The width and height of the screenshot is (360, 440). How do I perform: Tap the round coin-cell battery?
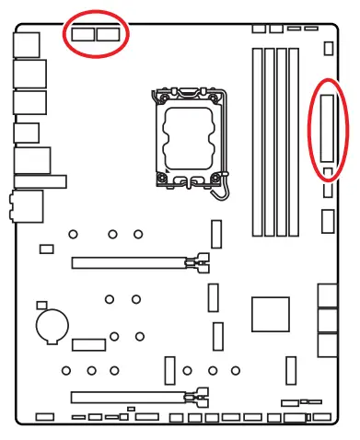tap(50, 324)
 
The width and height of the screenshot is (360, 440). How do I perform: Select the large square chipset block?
tap(272, 314)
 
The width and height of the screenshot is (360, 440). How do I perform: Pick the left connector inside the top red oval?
tap(81, 35)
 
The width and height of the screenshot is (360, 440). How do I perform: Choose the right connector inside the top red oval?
tap(110, 35)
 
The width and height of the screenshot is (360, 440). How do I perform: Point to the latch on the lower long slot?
tap(197, 399)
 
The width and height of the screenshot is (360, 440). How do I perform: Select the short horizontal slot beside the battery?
tap(89, 344)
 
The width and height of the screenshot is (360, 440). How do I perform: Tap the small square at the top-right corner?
tap(330, 46)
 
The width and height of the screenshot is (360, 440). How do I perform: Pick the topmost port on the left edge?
tap(28, 43)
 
